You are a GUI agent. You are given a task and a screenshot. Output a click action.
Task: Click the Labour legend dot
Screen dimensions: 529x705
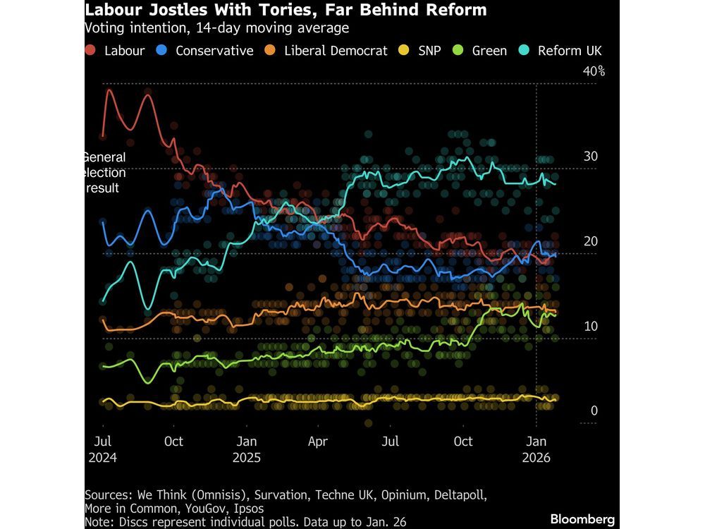91,51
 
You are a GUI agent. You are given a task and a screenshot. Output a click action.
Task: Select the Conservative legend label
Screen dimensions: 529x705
214,51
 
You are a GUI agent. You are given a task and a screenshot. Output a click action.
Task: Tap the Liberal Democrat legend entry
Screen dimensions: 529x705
336,51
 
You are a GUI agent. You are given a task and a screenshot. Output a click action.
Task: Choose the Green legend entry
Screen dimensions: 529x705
489,51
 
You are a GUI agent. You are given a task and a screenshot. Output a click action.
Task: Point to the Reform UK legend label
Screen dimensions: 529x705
570,51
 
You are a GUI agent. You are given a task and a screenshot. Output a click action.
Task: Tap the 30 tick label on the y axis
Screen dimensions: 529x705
591,157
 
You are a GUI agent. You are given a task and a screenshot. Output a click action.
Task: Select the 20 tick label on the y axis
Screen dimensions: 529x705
591,241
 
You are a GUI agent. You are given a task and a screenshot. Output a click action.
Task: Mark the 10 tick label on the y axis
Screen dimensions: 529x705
591,327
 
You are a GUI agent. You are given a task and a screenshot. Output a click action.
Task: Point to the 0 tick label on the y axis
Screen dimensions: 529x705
594,411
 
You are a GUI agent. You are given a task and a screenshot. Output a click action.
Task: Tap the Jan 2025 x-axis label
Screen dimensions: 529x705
247,449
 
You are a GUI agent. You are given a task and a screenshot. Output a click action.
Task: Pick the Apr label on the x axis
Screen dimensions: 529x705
319,442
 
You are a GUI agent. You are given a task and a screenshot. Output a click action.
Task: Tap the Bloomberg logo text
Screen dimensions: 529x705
582,519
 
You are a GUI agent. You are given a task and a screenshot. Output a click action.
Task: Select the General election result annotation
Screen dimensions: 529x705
104,173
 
